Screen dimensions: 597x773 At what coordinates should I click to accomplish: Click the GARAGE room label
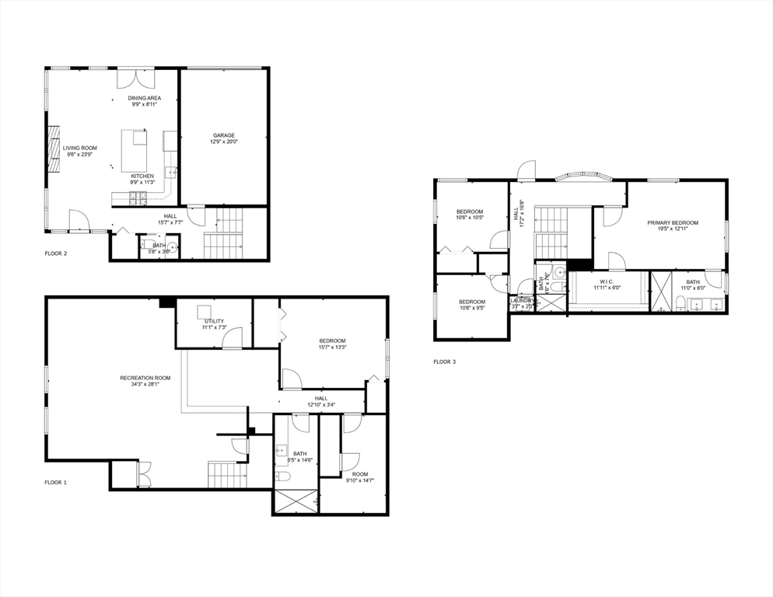(x=223, y=135)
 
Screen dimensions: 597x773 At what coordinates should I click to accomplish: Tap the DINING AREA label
(x=144, y=98)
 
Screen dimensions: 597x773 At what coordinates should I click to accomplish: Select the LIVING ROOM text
(x=79, y=147)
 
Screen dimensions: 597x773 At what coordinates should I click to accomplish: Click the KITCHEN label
(x=142, y=176)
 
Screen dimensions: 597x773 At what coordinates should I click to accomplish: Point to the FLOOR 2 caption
(x=55, y=253)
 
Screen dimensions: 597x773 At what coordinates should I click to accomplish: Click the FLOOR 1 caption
(x=55, y=482)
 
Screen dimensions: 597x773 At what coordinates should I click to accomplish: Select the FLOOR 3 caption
(x=445, y=361)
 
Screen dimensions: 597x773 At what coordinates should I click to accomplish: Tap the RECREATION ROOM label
(x=145, y=378)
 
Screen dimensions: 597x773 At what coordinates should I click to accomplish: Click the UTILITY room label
(x=214, y=321)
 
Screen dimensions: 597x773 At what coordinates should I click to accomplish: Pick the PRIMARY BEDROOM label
(x=673, y=223)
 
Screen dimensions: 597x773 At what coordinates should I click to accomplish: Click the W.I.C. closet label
(x=607, y=281)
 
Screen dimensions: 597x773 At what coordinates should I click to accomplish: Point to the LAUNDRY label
(x=521, y=300)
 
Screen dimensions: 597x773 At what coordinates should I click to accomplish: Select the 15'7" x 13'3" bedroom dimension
(x=332, y=347)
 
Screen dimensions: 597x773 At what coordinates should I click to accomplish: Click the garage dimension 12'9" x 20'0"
(x=223, y=142)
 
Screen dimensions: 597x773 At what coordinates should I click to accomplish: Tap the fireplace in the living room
(x=54, y=148)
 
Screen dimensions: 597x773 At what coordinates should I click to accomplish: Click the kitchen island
(x=135, y=148)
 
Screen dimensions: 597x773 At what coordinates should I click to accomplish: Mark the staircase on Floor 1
(x=227, y=474)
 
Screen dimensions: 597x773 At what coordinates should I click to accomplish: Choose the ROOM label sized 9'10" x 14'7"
(x=359, y=473)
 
